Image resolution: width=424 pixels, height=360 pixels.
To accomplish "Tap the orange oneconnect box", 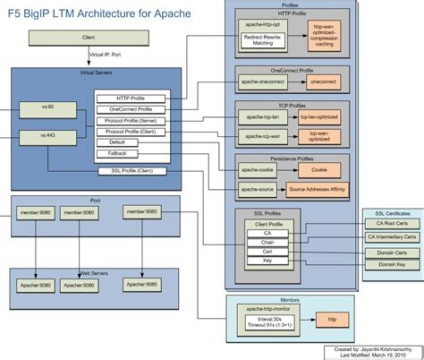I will pyautogui.click(x=321, y=81).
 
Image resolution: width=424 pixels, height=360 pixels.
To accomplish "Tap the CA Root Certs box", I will pyautogui.click(x=392, y=224).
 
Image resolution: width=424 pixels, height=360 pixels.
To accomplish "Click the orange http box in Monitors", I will pyautogui.click(x=332, y=318).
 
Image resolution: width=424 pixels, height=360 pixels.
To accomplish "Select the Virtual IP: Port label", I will pyautogui.click(x=106, y=55).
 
